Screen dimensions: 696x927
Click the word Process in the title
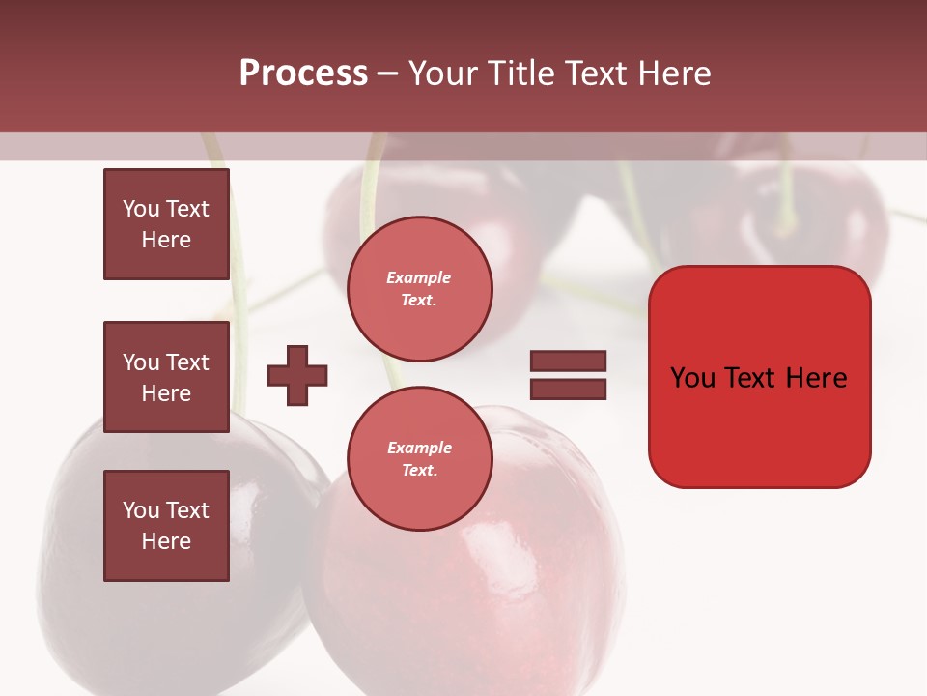tap(303, 72)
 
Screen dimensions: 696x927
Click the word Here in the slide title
tap(670, 72)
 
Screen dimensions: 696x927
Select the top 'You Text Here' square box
tap(166, 224)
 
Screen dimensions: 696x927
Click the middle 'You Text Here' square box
tap(166, 377)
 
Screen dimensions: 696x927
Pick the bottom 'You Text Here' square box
tap(166, 525)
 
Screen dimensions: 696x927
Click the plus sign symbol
tap(297, 375)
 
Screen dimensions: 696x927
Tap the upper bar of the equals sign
tap(568, 361)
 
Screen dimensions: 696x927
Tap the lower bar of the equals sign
tap(568, 389)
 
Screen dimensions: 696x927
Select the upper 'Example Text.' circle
tap(419, 288)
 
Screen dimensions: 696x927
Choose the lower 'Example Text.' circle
tap(419, 458)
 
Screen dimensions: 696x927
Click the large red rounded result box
tap(759, 425)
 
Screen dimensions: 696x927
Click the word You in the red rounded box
tap(693, 377)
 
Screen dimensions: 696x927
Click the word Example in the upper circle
tap(419, 277)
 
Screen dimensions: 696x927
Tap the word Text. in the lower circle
tap(419, 470)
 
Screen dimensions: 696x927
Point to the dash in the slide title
tap(386, 73)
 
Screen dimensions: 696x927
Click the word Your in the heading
tap(439, 72)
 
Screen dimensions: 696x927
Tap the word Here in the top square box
tap(166, 240)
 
